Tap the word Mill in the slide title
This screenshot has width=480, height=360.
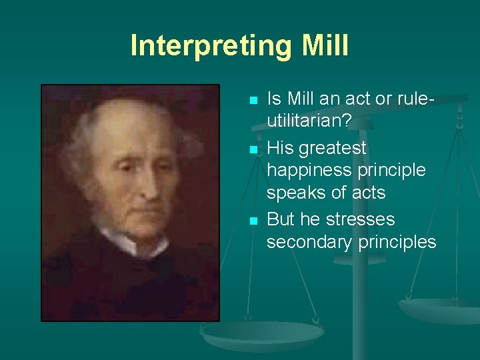(x=325, y=45)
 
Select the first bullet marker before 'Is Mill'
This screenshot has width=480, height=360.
(x=253, y=101)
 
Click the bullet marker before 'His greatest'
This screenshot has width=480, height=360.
(x=253, y=149)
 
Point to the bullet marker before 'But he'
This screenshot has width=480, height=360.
(x=253, y=221)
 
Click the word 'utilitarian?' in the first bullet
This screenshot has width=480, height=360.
(x=309, y=122)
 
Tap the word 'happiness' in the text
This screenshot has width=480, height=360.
(x=308, y=170)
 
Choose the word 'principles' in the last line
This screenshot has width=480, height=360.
(x=397, y=242)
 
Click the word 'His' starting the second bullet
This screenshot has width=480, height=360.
(x=280, y=147)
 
